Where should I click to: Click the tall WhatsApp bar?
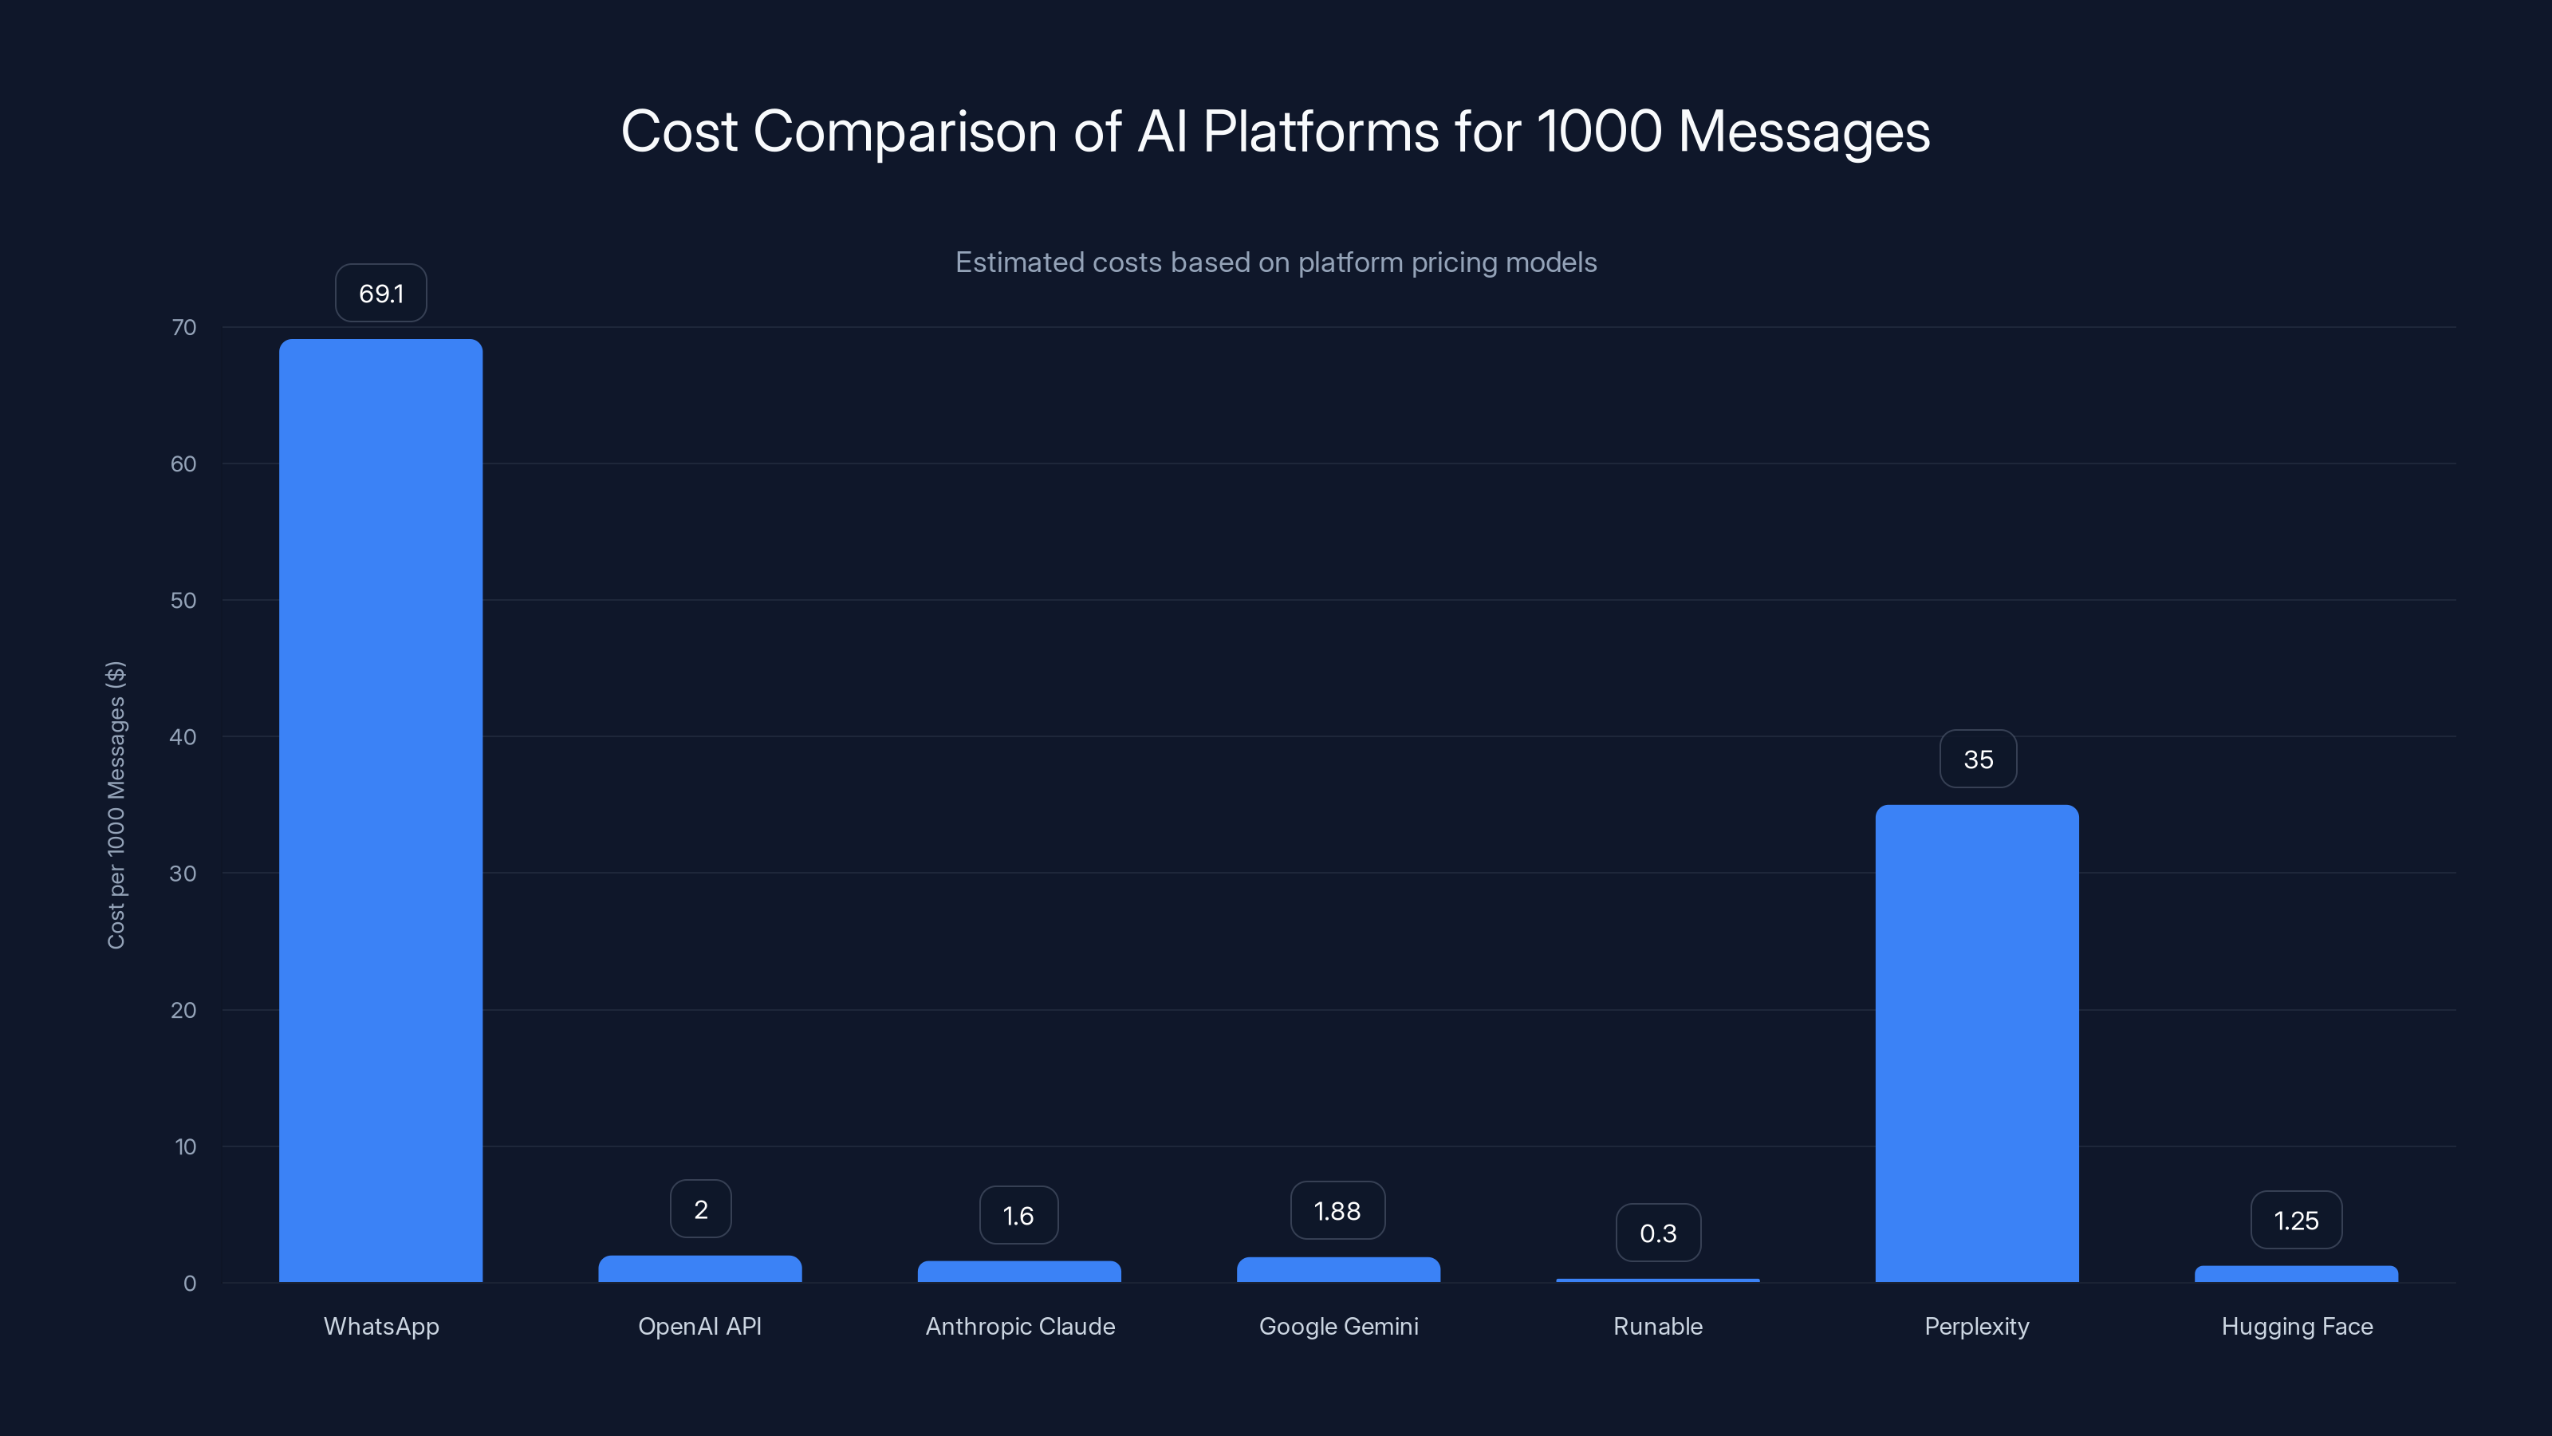click(380, 811)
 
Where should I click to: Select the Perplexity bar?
click(1976, 1043)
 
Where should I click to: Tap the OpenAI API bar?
click(699, 1268)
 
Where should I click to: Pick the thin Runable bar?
click(1657, 1280)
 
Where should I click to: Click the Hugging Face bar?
click(2295, 1273)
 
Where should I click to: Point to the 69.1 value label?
click(380, 294)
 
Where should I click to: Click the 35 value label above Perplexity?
click(1978, 759)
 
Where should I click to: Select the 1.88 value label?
click(1337, 1211)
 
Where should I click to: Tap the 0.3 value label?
click(1657, 1233)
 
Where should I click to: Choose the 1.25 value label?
click(2295, 1220)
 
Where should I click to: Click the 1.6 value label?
click(1018, 1215)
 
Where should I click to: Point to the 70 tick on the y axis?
click(183, 327)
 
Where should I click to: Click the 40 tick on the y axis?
click(183, 736)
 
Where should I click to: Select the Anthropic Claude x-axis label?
click(1019, 1326)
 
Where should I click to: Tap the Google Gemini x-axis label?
click(1337, 1326)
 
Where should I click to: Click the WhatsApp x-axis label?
click(380, 1326)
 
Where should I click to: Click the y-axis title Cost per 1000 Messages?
click(116, 805)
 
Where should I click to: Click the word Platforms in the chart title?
click(1320, 131)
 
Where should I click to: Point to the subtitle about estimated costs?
click(1275, 262)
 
